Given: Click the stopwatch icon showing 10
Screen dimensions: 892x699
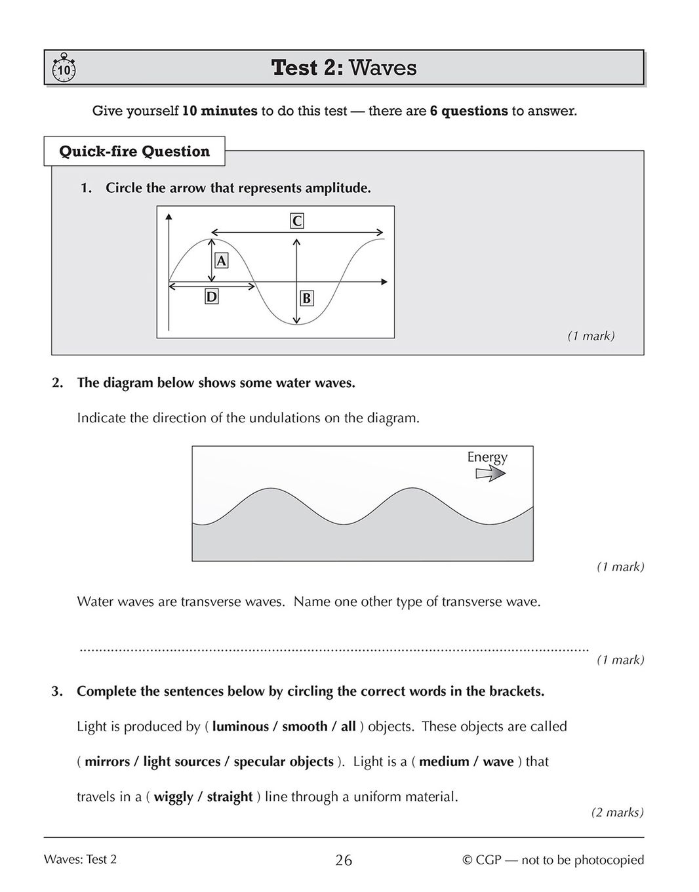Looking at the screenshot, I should [x=63, y=68].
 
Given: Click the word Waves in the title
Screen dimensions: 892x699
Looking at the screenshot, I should [x=383, y=68].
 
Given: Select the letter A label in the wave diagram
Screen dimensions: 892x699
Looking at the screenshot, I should [x=222, y=260].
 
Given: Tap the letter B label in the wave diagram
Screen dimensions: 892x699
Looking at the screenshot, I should [x=306, y=298].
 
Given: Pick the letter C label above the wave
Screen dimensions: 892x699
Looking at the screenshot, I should [x=297, y=221].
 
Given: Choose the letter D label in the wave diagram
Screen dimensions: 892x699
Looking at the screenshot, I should [x=211, y=296].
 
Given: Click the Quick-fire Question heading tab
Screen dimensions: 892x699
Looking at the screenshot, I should [x=134, y=152].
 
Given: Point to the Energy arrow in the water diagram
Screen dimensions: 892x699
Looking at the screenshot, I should [x=490, y=474].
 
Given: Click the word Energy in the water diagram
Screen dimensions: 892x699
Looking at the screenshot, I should [x=487, y=456].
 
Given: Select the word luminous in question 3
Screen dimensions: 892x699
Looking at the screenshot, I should [x=241, y=726].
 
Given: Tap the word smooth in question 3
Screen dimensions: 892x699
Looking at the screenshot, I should [x=305, y=726].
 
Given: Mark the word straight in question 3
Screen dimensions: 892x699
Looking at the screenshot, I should [x=230, y=797].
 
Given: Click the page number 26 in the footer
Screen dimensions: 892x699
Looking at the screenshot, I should [x=344, y=860].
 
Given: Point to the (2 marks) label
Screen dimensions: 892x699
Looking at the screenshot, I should [x=617, y=812].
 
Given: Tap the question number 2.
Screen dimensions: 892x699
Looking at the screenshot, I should [x=57, y=383].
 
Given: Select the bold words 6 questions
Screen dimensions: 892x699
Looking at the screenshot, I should [x=469, y=111].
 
